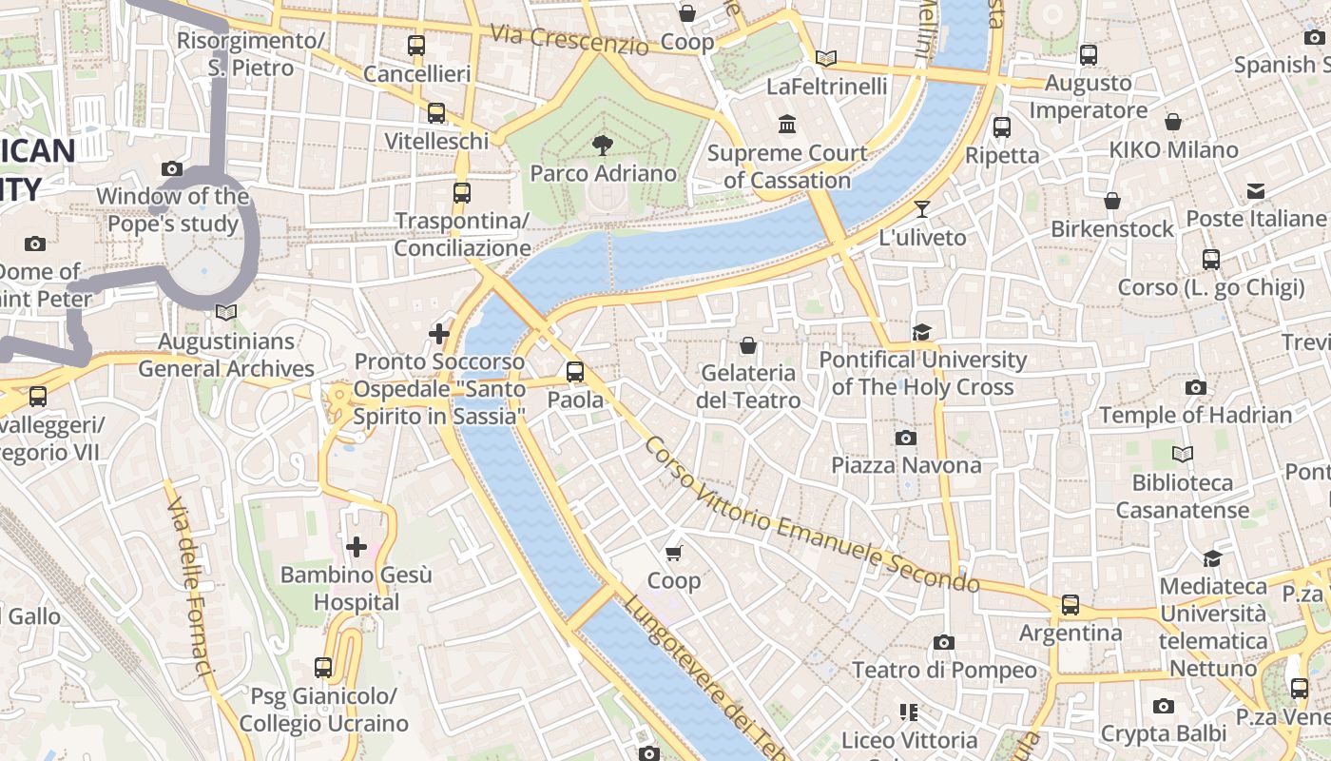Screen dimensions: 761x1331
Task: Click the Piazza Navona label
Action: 906,465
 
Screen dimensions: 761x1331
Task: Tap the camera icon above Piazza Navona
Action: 906,438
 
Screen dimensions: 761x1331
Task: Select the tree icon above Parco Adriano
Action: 602,146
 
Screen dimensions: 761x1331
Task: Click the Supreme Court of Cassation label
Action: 787,166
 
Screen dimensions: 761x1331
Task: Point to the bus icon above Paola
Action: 575,372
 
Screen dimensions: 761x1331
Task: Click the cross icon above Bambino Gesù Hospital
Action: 357,547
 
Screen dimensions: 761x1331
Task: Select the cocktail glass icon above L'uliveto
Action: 921,209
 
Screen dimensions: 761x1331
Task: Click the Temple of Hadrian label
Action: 1195,415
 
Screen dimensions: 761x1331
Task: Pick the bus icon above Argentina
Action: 1071,604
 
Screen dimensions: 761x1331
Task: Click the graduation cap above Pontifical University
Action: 921,332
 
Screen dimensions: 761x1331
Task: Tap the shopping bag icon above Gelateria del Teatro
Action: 748,344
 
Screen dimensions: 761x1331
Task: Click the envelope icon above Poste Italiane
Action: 1256,191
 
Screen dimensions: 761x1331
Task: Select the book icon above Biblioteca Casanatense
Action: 1183,455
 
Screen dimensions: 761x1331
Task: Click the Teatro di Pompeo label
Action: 944,670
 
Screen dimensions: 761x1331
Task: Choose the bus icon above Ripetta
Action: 1001,127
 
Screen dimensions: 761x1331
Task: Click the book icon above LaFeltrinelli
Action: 826,59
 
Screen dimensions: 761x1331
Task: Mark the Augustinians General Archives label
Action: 226,355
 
